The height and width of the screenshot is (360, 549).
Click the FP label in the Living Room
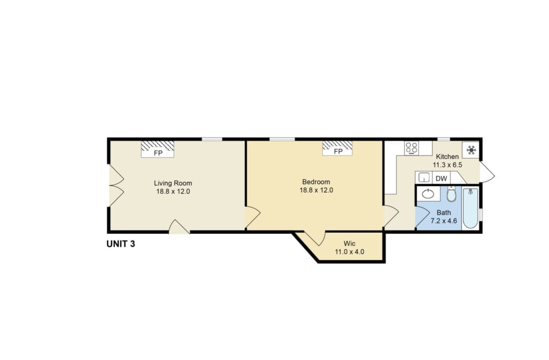click(x=158, y=153)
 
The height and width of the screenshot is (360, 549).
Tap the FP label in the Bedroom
click(x=338, y=151)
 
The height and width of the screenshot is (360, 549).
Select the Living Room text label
click(x=173, y=183)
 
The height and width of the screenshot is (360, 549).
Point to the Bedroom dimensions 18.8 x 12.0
click(x=316, y=190)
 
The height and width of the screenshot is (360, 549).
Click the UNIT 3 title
click(x=121, y=244)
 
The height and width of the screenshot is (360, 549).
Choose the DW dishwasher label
click(x=441, y=178)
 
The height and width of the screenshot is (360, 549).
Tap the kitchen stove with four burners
click(x=411, y=148)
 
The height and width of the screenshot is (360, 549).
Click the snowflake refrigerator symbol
click(x=471, y=150)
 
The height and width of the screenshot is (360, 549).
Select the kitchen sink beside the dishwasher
click(x=424, y=178)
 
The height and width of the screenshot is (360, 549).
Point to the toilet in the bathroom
click(x=451, y=194)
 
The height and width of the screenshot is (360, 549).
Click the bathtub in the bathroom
click(x=470, y=208)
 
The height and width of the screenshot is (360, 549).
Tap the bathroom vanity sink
click(x=428, y=194)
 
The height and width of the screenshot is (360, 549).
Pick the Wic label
click(x=350, y=243)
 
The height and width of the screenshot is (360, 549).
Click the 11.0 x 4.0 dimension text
click(x=350, y=251)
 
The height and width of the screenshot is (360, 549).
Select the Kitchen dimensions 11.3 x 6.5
click(x=448, y=165)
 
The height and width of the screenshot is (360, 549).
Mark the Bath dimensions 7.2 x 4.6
click(x=443, y=221)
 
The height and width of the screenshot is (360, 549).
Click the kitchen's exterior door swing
click(x=487, y=172)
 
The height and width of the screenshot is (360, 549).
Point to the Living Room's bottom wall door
click(x=179, y=227)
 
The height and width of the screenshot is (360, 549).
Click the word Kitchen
click(x=447, y=157)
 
